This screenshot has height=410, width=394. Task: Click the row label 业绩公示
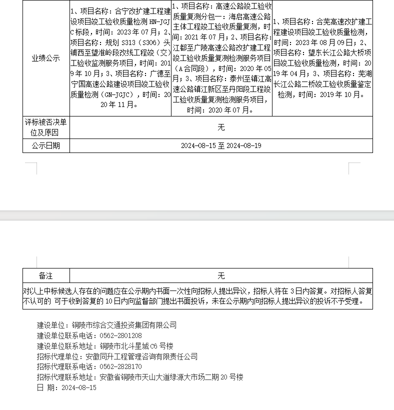(x=46, y=58)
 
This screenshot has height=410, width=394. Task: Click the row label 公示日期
(x=46, y=146)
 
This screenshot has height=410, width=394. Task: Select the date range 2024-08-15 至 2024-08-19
(x=221, y=146)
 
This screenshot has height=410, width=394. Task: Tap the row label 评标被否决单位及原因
(x=46, y=127)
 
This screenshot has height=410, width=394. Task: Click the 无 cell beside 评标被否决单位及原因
(x=221, y=127)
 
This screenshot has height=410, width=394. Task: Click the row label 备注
(x=46, y=275)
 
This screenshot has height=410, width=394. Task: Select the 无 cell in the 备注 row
(x=221, y=275)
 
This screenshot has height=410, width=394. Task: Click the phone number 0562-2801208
(x=120, y=335)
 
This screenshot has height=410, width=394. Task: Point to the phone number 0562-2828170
(x=120, y=367)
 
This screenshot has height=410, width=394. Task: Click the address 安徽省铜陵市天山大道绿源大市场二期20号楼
(x=171, y=377)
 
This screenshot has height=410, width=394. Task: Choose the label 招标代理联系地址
(x=67, y=377)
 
